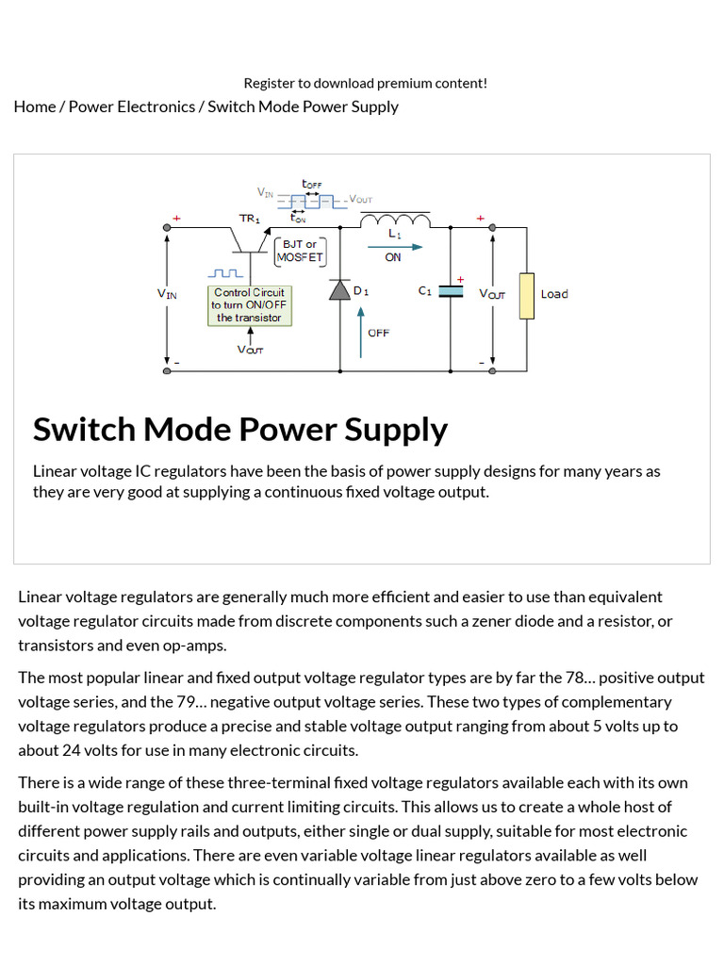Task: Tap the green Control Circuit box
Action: [250, 305]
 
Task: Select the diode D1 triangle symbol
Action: [339, 290]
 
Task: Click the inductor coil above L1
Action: [395, 221]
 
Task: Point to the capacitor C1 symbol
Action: [452, 292]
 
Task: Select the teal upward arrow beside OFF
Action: [360, 331]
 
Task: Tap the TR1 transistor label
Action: [249, 219]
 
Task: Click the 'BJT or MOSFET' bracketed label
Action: [300, 251]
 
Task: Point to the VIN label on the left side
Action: [166, 294]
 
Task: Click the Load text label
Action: [554, 294]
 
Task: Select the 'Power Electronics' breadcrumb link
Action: [131, 106]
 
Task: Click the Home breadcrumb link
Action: [35, 106]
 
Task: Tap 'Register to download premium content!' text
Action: [365, 83]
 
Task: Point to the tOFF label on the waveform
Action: [311, 183]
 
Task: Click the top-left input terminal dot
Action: [167, 227]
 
